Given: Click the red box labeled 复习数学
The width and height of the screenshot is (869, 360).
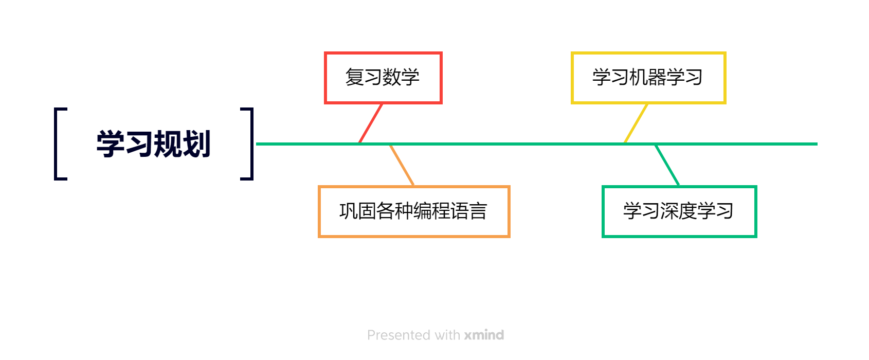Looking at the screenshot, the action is (x=383, y=78).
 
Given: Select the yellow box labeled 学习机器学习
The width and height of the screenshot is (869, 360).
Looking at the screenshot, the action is (x=648, y=78).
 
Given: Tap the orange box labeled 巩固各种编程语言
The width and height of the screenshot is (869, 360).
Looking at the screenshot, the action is (x=414, y=211).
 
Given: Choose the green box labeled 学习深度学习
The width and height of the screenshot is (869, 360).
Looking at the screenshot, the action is (x=679, y=211).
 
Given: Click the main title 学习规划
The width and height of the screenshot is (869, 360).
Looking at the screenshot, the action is (x=153, y=144).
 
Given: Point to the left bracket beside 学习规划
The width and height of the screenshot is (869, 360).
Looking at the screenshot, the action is (x=57, y=144).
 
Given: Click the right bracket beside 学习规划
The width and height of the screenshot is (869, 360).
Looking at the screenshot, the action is (x=251, y=144).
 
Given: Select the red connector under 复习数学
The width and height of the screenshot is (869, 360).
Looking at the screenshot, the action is (x=371, y=123).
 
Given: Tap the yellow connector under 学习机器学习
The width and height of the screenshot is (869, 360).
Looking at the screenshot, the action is (x=636, y=123).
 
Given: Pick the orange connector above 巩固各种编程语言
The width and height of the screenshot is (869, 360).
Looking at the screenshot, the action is (x=402, y=165).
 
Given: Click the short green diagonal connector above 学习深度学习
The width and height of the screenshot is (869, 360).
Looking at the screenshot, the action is (x=667, y=165).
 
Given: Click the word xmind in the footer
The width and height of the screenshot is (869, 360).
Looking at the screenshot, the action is (x=484, y=335).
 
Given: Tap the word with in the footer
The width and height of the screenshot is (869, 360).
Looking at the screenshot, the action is (x=447, y=335).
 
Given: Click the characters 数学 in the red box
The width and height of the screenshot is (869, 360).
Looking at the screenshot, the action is (x=401, y=78).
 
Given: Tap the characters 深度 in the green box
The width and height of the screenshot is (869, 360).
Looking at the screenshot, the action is (x=679, y=211).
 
